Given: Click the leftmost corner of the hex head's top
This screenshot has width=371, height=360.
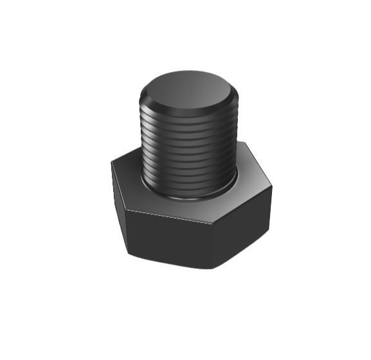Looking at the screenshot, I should click(x=111, y=162).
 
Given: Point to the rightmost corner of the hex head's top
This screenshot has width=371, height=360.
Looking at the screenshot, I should click(x=271, y=188).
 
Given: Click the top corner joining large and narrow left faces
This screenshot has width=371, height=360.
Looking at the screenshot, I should click(x=125, y=210).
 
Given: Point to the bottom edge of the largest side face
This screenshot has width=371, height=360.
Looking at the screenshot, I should click(x=170, y=261).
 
